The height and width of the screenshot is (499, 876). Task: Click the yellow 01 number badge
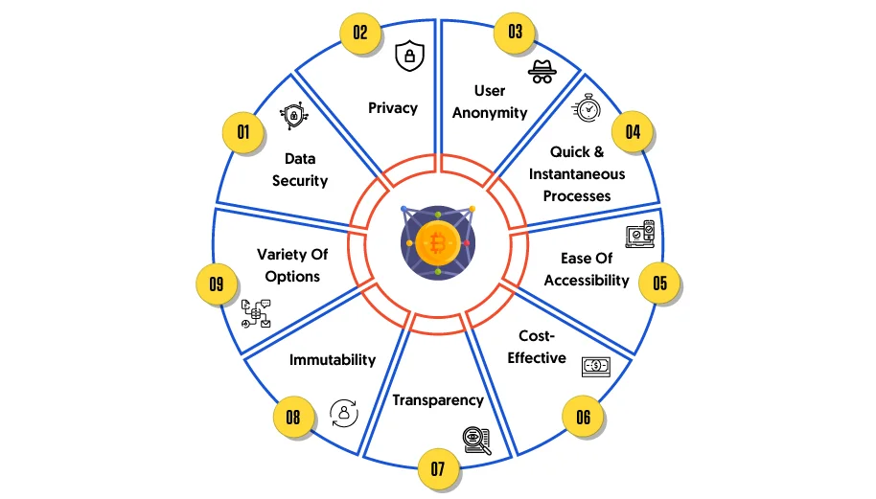243,132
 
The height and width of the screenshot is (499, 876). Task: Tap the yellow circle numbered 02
360,33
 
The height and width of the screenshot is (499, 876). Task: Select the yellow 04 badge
633,132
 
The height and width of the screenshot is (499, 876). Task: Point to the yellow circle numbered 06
584,417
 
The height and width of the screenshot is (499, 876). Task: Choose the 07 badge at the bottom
438,469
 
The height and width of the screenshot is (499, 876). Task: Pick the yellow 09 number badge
217,284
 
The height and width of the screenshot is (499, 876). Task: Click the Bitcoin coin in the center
438,243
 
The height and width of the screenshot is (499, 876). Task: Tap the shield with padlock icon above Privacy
409,56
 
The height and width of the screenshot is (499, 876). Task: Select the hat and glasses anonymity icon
542,72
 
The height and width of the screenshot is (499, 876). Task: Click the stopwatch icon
587,107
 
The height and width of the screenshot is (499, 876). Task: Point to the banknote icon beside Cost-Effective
596,367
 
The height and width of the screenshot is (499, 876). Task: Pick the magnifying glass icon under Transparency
477,441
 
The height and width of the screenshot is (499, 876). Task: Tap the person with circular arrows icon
343,413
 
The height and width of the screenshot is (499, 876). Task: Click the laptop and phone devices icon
640,235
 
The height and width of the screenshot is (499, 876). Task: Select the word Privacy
393,107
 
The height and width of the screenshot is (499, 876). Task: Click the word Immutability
333,360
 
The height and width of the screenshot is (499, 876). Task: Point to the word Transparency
438,400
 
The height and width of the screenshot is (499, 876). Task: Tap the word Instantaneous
577,174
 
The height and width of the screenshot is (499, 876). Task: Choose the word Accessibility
587,281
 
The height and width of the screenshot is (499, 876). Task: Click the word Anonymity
490,113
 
